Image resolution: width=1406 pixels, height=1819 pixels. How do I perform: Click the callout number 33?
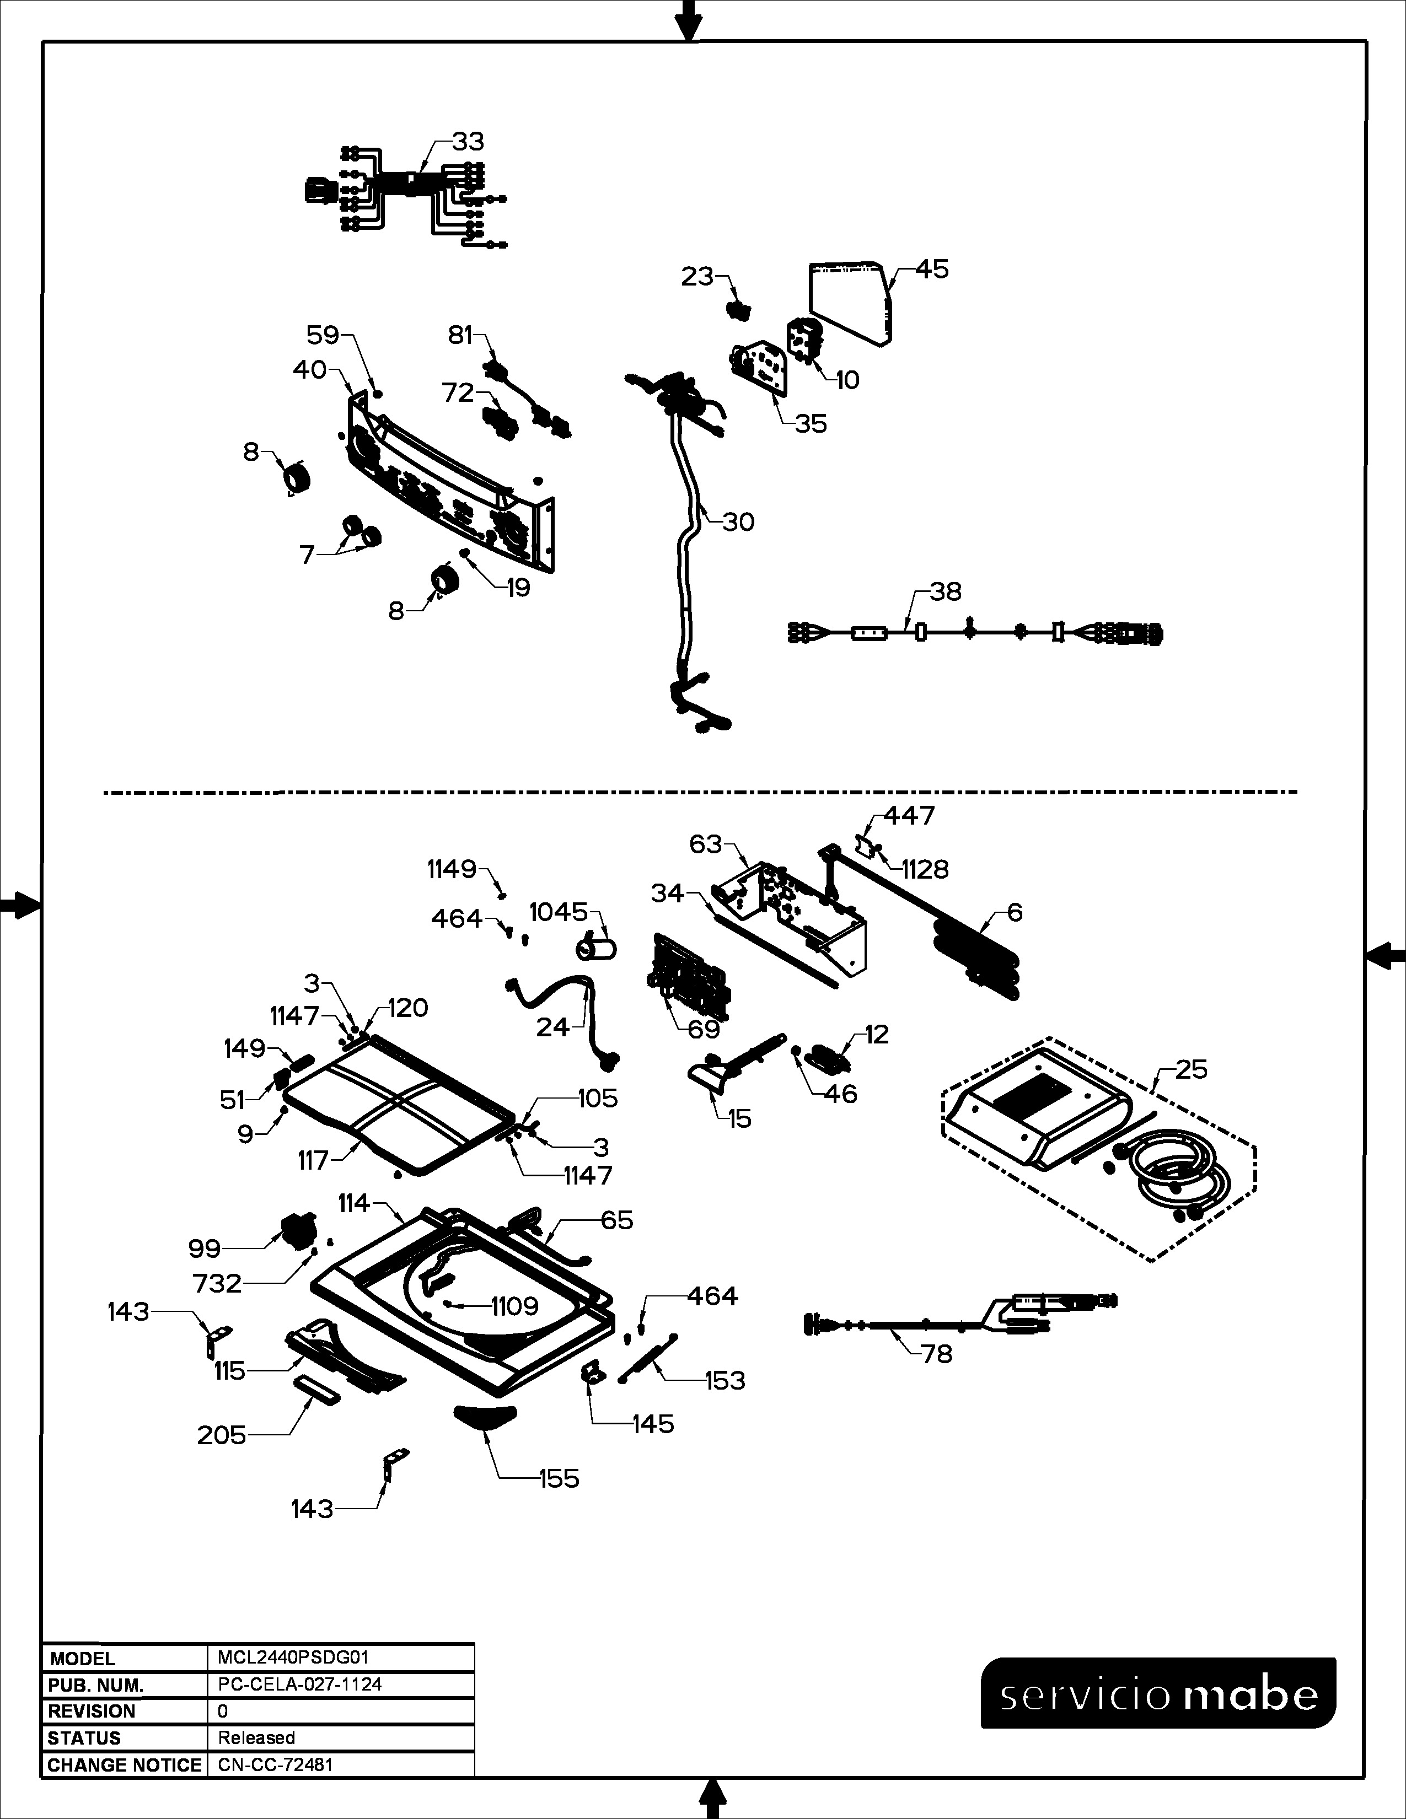coord(468,142)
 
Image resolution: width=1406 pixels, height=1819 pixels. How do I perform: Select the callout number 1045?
coord(559,912)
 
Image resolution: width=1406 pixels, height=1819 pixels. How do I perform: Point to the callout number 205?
coord(222,1435)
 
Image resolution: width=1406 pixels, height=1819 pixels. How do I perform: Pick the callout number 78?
coord(936,1354)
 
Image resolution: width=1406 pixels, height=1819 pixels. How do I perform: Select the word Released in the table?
coord(256,1738)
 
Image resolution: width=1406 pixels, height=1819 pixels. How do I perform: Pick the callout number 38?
coord(946,591)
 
